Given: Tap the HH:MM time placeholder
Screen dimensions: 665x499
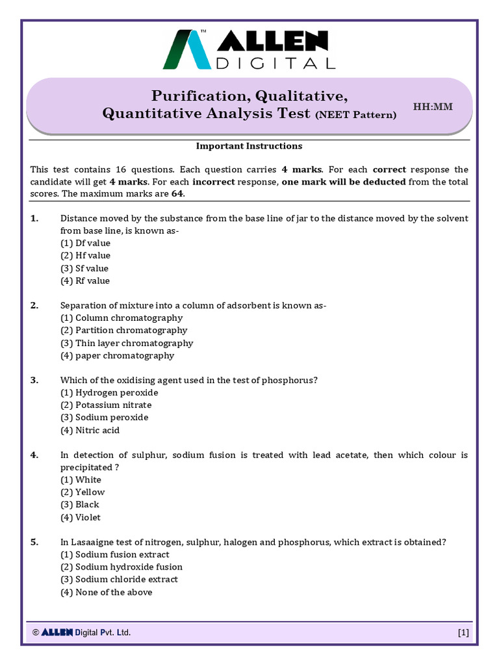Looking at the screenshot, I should pyautogui.click(x=433, y=107).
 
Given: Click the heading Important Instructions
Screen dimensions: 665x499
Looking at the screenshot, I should pyautogui.click(x=249, y=146).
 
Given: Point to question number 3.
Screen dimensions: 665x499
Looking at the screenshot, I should pyautogui.click(x=34, y=380).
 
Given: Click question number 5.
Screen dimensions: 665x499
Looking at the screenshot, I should pyautogui.click(x=34, y=542).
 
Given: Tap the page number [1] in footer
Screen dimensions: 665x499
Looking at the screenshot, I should pyautogui.click(x=463, y=633).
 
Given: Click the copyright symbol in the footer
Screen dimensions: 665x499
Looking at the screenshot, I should pyautogui.click(x=36, y=633).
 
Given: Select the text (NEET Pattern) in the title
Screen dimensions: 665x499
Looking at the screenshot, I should pyautogui.click(x=355, y=115).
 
